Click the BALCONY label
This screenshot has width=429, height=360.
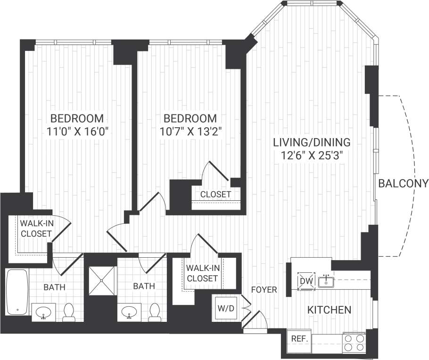[403, 183]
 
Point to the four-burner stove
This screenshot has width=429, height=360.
[355, 343]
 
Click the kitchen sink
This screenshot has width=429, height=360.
[326, 282]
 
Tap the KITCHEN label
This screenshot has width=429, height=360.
[329, 310]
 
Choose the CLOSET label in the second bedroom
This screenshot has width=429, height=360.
[215, 194]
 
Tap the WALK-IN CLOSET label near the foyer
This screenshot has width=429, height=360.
[202, 273]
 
